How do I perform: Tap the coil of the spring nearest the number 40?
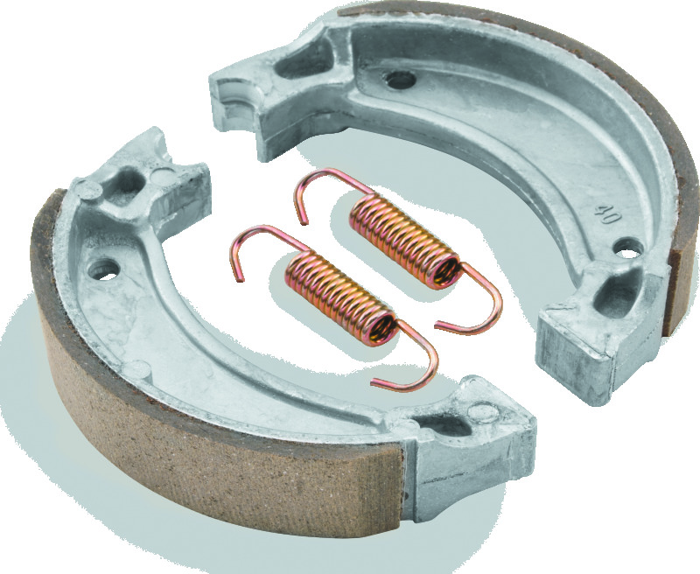pos(404,241)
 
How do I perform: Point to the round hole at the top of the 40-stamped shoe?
pos(401,80)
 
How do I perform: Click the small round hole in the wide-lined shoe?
pos(105,270)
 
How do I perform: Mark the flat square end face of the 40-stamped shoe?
pos(573,353)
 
